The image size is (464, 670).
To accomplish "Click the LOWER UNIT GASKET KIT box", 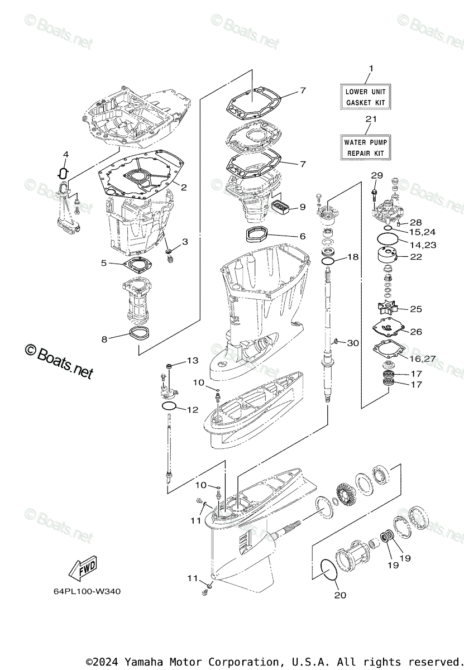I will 366,97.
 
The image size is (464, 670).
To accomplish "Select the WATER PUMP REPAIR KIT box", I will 366,147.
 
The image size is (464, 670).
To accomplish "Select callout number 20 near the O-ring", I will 340,595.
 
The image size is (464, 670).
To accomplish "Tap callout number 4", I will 65,154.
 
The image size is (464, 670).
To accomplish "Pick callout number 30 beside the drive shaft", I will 353,342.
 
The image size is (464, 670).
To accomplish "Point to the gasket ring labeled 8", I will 139,335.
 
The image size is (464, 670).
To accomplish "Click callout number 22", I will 416,257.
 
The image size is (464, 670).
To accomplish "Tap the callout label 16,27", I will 422,358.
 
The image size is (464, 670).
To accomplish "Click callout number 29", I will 377,176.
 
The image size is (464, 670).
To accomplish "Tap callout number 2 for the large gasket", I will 183,187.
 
